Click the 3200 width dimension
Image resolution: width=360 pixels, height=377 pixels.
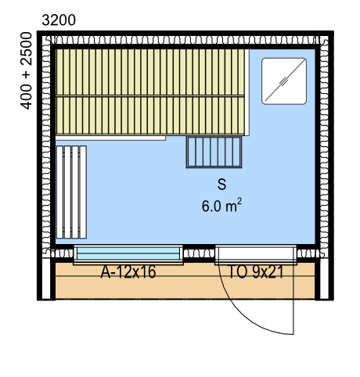[59, 20]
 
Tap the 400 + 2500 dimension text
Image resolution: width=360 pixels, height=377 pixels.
[26, 70]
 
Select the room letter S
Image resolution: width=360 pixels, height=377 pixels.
[221, 185]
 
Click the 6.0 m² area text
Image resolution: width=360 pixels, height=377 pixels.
[221, 206]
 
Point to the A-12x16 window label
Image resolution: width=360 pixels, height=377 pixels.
[128, 272]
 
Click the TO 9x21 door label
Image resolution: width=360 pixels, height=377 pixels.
[256, 272]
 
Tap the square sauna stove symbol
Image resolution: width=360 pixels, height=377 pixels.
[284, 81]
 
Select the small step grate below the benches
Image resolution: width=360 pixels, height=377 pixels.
[214, 152]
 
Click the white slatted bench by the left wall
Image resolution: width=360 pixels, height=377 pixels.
[71, 192]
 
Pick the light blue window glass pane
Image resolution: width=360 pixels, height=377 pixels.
[128, 253]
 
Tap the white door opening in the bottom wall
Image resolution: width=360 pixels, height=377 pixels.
[256, 253]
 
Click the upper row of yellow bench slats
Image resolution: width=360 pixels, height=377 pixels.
[150, 73]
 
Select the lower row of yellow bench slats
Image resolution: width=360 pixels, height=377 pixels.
[150, 116]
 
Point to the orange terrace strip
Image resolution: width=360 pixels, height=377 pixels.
[185, 281]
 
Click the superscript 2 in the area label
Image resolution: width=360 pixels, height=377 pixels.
[239, 201]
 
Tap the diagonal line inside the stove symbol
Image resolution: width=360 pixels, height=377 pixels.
[285, 81]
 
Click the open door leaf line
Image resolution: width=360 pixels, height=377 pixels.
[293, 298]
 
